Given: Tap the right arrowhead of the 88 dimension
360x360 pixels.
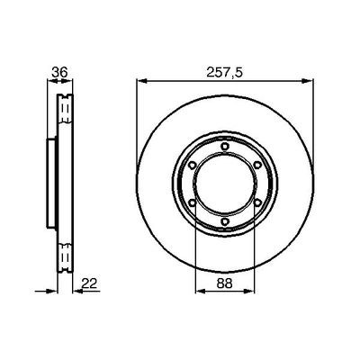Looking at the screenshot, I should pos(251,292).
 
